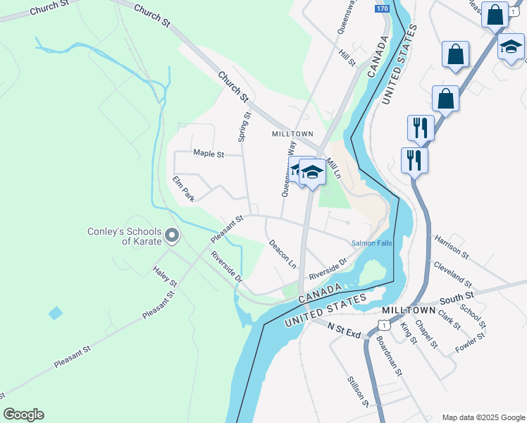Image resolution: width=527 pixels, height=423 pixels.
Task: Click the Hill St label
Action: [x=347, y=58]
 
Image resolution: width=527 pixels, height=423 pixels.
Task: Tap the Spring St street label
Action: [x=244, y=127]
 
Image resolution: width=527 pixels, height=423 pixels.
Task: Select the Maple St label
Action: [x=208, y=153]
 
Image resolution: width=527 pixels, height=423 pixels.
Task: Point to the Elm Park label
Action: [x=183, y=189]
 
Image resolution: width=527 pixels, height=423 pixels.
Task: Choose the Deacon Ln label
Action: [x=283, y=254]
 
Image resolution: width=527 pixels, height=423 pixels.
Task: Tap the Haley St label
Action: [x=166, y=276]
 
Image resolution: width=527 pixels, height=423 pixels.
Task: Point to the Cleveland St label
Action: [x=453, y=273]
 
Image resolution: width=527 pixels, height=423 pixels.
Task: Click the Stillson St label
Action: [x=358, y=391]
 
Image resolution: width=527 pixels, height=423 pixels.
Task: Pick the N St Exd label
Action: [x=345, y=329]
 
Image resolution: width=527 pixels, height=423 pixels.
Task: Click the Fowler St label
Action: [x=471, y=341]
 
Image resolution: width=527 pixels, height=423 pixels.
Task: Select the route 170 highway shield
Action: [x=382, y=8]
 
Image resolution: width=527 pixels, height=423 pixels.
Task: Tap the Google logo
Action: [x=23, y=415]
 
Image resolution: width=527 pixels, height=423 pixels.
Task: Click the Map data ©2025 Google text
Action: [x=483, y=417]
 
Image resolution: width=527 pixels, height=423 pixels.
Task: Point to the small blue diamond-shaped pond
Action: [x=55, y=312]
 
